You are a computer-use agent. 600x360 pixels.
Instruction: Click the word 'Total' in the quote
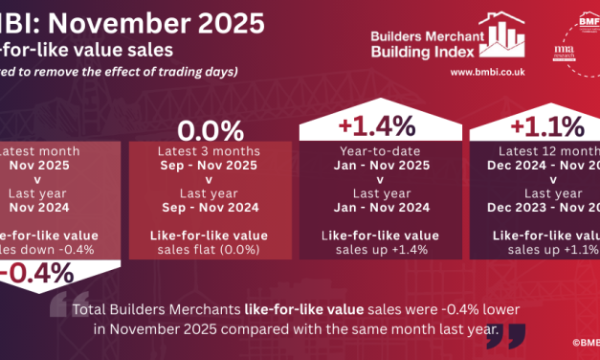coord(93,310)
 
